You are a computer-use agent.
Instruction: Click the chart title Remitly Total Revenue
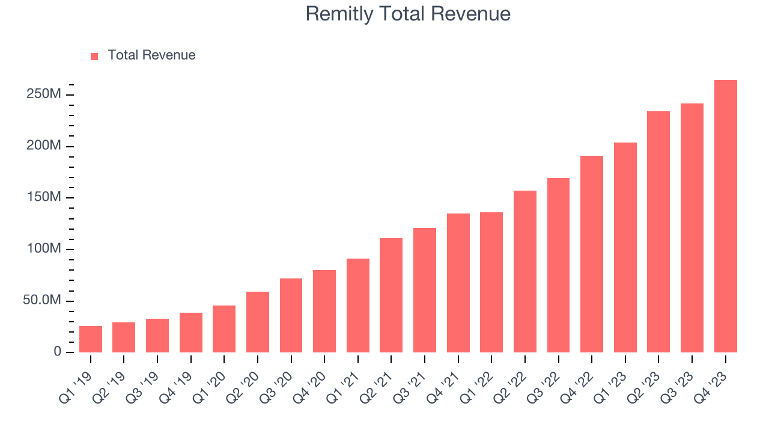point(408,14)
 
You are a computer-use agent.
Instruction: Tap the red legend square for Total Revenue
point(94,57)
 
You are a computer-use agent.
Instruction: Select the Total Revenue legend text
point(151,55)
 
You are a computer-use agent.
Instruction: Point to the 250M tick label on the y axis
point(43,94)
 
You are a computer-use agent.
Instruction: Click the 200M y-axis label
point(43,146)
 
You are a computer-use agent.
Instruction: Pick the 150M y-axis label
point(43,197)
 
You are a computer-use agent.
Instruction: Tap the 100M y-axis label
point(43,249)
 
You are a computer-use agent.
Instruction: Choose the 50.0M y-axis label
point(42,300)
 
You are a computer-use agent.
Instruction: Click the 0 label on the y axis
point(58,352)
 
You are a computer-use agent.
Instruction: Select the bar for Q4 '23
point(725,216)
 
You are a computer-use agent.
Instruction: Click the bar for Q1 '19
point(91,339)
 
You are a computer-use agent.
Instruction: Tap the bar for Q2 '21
point(391,295)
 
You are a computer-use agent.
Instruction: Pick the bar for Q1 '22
point(491,282)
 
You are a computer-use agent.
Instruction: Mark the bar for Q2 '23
point(658,232)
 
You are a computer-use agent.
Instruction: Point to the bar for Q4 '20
point(324,311)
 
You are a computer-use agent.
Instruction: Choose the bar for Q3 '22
point(558,265)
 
